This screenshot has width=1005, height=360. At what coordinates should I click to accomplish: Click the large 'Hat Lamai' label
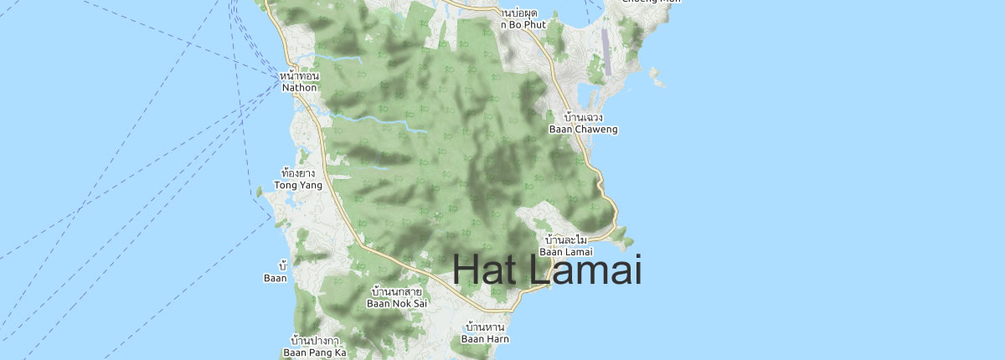tap(547, 270)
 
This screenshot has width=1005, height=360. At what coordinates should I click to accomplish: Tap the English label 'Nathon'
tap(300, 86)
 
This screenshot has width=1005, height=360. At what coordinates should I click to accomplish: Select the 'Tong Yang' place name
tap(299, 185)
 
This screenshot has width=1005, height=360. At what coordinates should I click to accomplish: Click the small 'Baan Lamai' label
tap(565, 251)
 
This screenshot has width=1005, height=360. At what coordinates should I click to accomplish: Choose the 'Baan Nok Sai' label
tap(397, 303)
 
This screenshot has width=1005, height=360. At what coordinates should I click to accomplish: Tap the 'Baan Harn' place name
tap(485, 339)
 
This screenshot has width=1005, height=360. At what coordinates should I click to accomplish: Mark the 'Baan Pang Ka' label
tap(314, 352)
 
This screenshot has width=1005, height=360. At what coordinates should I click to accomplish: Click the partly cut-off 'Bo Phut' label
tap(524, 24)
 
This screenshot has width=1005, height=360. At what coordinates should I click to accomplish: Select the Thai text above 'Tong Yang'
tap(299, 173)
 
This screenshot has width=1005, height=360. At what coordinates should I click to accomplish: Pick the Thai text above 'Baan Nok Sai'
tap(397, 291)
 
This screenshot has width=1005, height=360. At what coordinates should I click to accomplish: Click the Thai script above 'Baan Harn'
tap(485, 327)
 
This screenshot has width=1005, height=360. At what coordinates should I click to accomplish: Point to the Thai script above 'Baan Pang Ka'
tap(314, 341)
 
